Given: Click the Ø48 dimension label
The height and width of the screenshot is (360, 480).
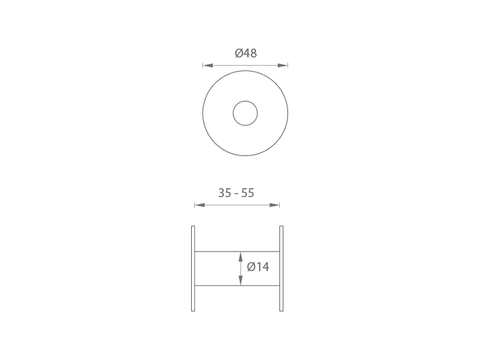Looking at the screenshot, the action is [x=246, y=53].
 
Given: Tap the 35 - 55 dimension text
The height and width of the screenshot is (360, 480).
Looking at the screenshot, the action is [x=236, y=193].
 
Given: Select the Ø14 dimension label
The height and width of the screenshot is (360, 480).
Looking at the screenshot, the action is [x=258, y=267].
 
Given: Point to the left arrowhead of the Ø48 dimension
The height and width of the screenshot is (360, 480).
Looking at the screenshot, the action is [x=208, y=65].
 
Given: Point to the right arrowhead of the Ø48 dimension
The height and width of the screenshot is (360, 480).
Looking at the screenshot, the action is [x=283, y=65].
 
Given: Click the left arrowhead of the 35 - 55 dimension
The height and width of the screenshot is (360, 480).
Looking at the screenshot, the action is [x=199, y=205].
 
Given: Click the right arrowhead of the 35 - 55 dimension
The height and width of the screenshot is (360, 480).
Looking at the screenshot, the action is [x=274, y=205].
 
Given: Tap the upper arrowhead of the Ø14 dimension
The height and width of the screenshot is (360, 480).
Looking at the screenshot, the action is [x=240, y=257].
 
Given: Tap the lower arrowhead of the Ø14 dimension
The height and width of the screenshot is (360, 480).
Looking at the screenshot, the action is [x=240, y=280].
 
